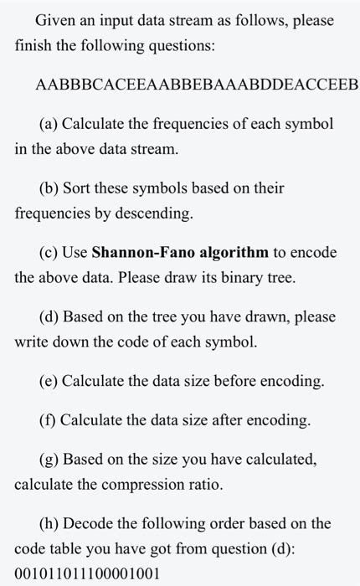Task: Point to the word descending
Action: coord(157,213)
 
